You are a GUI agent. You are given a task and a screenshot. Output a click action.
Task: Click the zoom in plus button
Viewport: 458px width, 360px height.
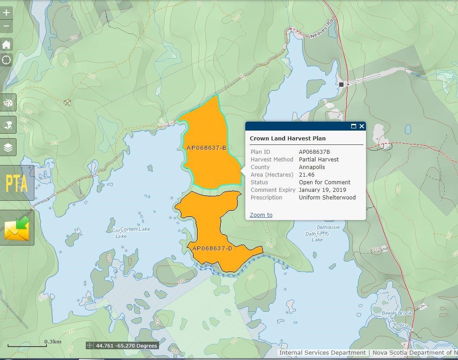6,13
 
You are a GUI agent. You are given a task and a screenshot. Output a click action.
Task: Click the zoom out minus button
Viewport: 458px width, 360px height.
6,26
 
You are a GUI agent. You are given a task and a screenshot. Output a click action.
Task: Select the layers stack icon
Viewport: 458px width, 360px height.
8,148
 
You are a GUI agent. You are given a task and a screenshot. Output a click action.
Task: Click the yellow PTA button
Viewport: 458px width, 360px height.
17,183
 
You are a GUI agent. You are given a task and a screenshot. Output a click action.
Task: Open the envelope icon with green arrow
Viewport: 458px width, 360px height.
17,228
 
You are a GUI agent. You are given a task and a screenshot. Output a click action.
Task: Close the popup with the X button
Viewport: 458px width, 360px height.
361,126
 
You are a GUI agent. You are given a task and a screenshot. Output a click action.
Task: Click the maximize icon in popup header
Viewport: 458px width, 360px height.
353,126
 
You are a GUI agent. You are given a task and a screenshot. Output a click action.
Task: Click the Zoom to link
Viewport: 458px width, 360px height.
261,215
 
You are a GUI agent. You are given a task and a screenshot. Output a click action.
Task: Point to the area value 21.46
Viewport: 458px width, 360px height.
307,175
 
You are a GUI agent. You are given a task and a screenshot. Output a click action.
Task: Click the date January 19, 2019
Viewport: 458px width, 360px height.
322,190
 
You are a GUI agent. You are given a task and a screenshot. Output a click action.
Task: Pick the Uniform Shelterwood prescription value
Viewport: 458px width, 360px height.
327,198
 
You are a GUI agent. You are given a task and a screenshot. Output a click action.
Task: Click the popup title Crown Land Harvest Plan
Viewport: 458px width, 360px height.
287,139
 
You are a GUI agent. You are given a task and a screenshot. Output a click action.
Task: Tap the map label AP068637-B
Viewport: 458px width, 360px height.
206,148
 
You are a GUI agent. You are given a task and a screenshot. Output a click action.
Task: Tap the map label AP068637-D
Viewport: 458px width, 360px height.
212,249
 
